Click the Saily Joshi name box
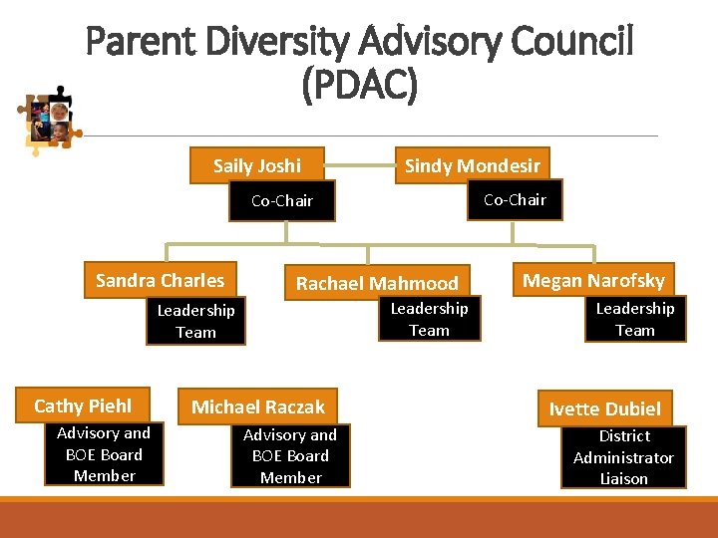click(256, 165)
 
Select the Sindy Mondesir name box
click(472, 165)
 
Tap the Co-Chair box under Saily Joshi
click(282, 200)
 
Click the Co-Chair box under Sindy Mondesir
click(515, 199)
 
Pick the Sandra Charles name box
click(160, 280)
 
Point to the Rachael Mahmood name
click(377, 283)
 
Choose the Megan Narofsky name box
click(593, 281)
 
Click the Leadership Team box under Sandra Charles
click(195, 321)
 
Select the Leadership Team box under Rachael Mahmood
click(429, 319)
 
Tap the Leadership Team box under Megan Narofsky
click(635, 319)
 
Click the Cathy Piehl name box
click(83, 405)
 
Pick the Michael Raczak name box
click(258, 406)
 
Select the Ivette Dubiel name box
click(604, 408)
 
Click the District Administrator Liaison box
click(623, 457)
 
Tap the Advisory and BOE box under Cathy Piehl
click(104, 454)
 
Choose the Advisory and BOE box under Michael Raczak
click(290, 456)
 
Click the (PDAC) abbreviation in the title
click(359, 87)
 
